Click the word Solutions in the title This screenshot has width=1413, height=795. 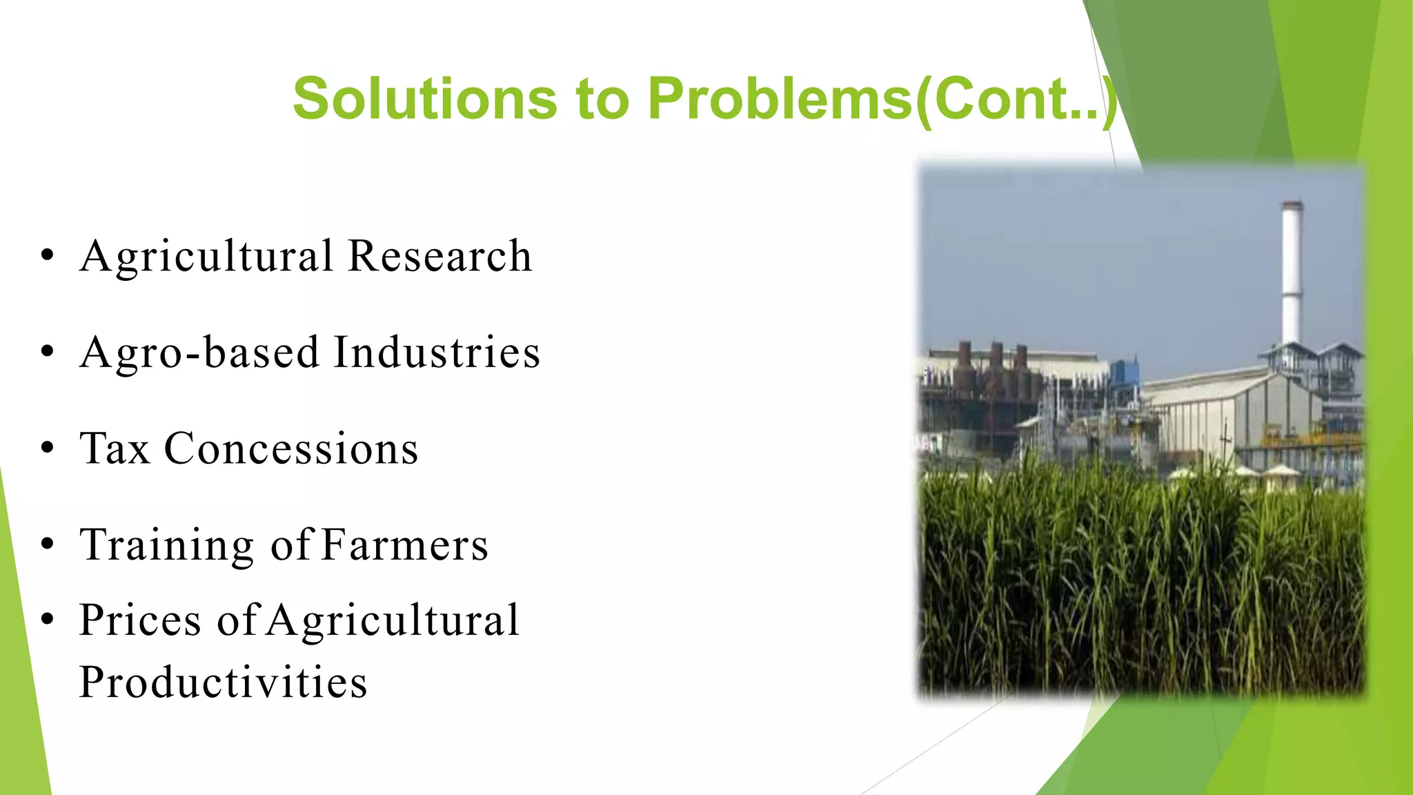pyautogui.click(x=424, y=99)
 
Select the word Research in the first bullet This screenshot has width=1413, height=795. pyautogui.click(x=439, y=256)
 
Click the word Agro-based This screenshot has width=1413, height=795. pyautogui.click(x=200, y=353)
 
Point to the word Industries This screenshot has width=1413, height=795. pyautogui.click(x=437, y=353)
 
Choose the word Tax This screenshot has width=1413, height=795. pyautogui.click(x=115, y=449)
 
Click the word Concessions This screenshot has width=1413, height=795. pyautogui.click(x=291, y=449)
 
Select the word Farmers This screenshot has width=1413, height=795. pyautogui.click(x=405, y=545)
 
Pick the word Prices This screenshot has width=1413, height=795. pyautogui.click(x=141, y=620)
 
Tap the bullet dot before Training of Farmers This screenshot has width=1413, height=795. pyautogui.click(x=47, y=544)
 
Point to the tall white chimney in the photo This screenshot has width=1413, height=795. pyautogui.click(x=1291, y=276)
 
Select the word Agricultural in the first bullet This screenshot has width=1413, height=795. pyautogui.click(x=207, y=256)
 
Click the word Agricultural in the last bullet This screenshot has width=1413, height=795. pyautogui.click(x=393, y=620)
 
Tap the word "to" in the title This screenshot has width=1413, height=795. pyautogui.click(x=603, y=99)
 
